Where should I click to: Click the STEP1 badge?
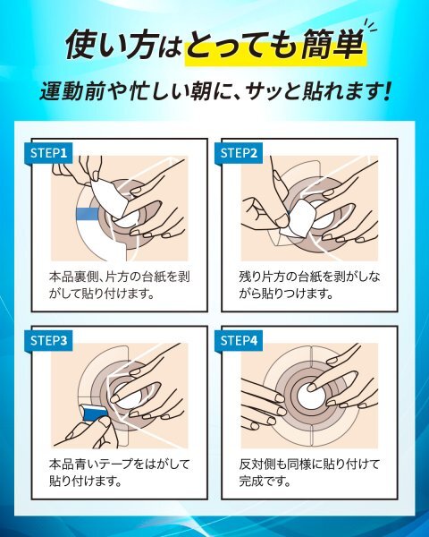point(48,153)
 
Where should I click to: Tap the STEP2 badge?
point(239,153)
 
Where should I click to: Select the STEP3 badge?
point(48,341)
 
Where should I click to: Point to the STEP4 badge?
point(239,341)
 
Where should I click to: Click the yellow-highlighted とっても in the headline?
point(242,46)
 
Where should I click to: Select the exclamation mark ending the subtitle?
point(387,92)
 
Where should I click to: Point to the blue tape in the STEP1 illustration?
point(88,214)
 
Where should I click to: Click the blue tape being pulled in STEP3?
point(94,412)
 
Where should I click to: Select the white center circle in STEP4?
point(310,396)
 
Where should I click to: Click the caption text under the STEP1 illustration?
point(119,285)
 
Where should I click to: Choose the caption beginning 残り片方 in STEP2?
point(309,285)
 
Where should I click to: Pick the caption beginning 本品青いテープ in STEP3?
point(119,473)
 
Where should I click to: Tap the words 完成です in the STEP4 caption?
point(265,482)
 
